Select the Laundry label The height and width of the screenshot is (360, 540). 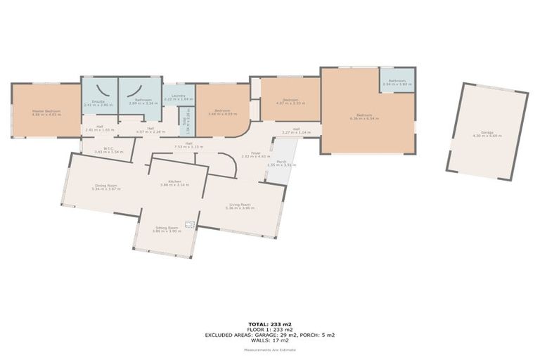179,98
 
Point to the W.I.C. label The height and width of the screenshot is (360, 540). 108,150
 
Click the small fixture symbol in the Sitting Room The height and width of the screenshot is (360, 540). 189,225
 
